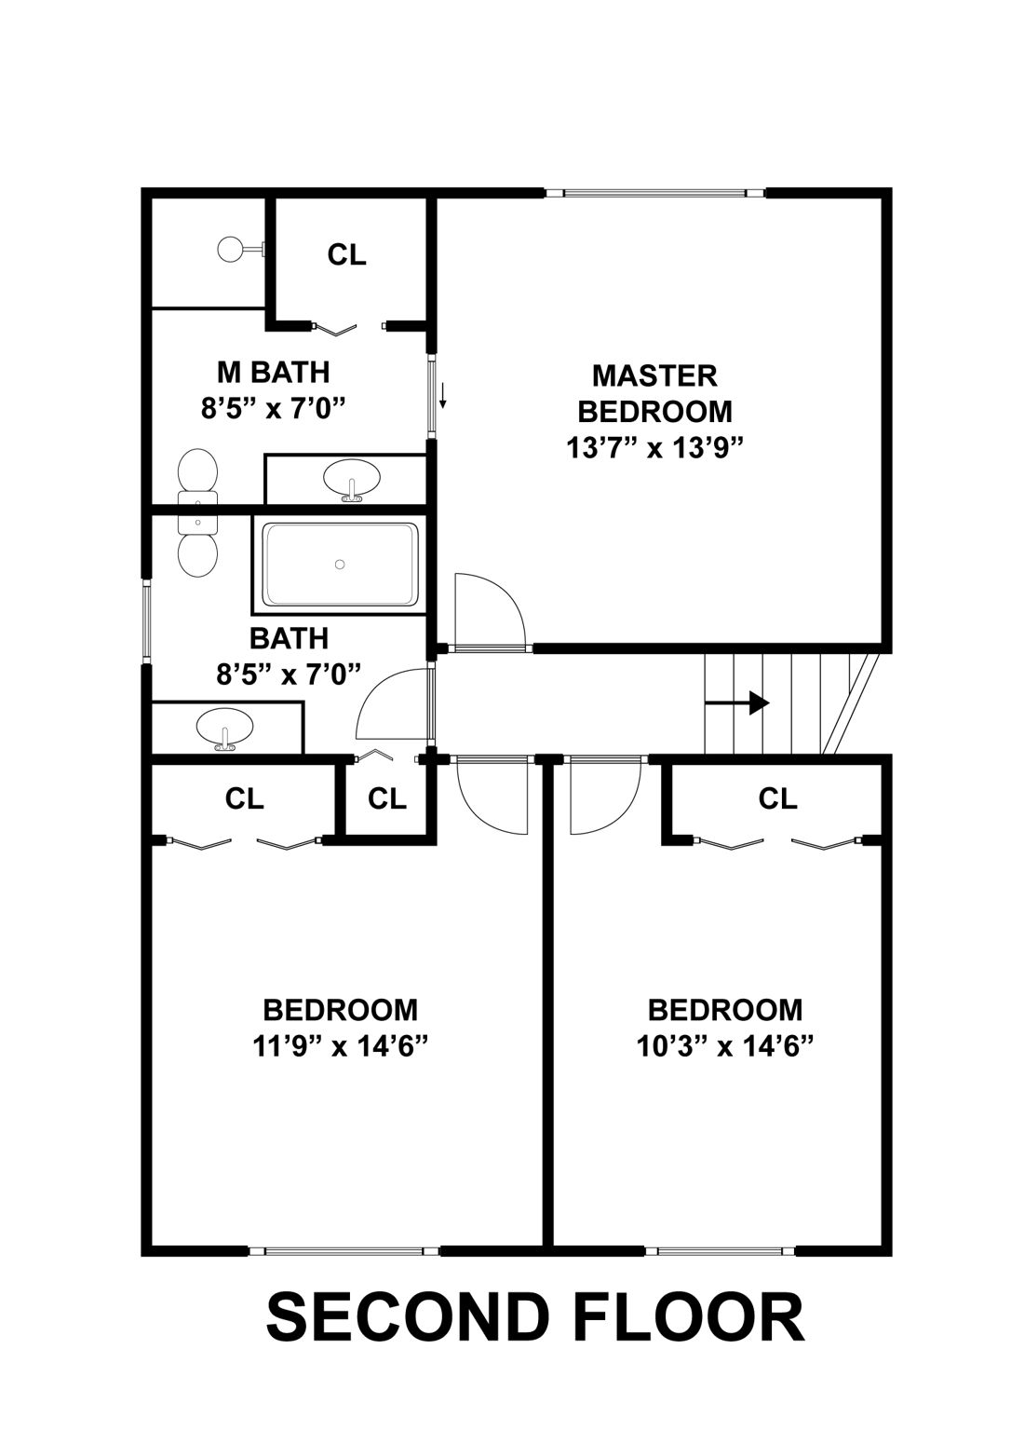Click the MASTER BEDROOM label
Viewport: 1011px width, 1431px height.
tap(654, 392)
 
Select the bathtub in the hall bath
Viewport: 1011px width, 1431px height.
tap(340, 565)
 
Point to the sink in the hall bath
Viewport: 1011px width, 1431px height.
tap(224, 728)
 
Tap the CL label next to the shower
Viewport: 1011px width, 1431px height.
tap(347, 254)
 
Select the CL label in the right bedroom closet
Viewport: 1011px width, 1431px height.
tap(778, 798)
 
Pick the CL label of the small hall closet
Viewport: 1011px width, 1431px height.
tap(387, 798)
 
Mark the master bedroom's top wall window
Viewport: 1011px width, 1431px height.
tap(654, 194)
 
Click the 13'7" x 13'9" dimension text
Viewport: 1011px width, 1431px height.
tap(654, 448)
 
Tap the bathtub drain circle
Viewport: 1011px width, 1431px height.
tap(340, 564)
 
